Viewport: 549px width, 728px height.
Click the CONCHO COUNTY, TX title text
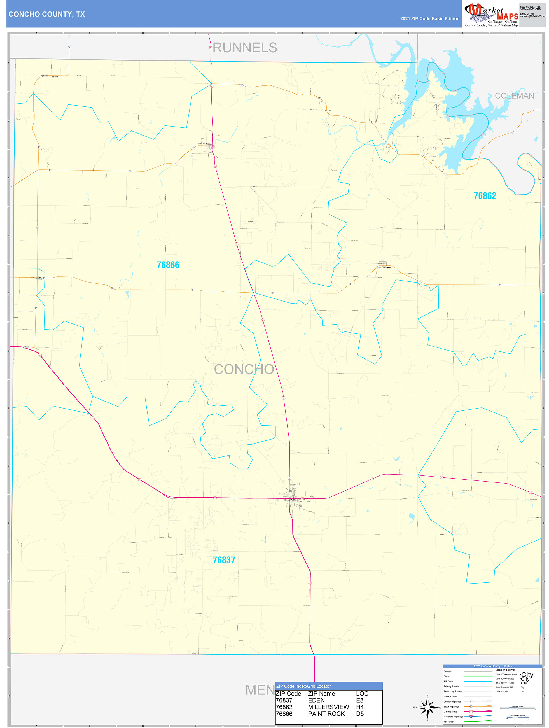pos(47,14)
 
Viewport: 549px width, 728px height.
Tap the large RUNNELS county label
pos(245,48)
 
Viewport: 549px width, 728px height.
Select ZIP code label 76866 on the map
pos(168,265)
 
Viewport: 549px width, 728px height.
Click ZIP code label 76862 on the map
pos(485,196)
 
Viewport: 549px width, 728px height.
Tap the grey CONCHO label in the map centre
pos(244,369)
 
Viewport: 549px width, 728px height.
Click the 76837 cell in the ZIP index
pos(284,700)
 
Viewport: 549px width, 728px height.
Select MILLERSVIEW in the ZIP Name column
pos(328,707)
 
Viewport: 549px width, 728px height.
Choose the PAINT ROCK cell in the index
pos(326,714)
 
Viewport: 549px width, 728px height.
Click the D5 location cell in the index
pos(360,714)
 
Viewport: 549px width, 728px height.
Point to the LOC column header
pos(362,694)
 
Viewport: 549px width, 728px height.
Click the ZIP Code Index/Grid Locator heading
pos(303,686)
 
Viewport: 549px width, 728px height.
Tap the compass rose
pos(427,707)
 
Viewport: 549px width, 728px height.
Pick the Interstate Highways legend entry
pos(453,717)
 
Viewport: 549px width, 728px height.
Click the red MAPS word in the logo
pos(508,17)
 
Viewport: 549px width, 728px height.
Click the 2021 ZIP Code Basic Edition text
pos(429,19)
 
